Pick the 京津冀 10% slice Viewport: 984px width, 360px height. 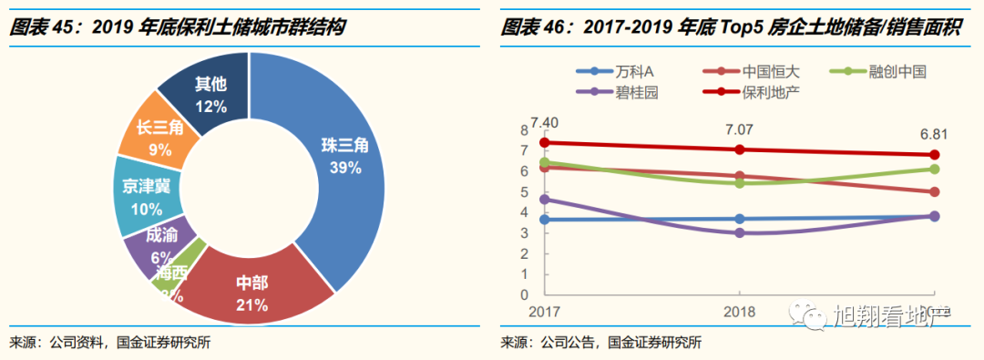coord(147,197)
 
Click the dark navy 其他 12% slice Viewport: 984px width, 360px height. coord(209,94)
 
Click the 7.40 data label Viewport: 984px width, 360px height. coord(546,121)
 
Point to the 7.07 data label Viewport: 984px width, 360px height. coord(740,129)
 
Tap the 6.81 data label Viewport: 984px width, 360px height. coord(933,134)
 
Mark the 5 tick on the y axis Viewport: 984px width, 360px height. coord(524,191)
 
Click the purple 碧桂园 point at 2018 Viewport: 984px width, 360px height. coord(740,232)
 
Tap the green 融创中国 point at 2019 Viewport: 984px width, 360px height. coord(935,169)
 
